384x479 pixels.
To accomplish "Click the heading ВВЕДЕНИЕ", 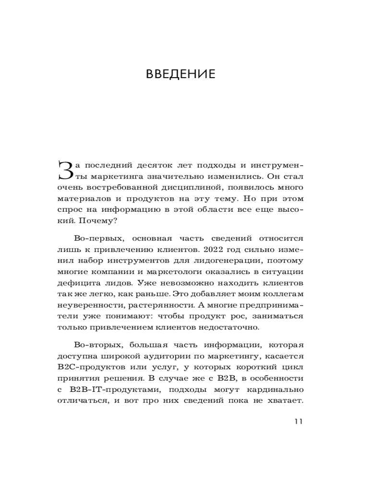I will (x=180, y=74).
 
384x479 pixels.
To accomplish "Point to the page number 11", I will (x=298, y=422).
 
